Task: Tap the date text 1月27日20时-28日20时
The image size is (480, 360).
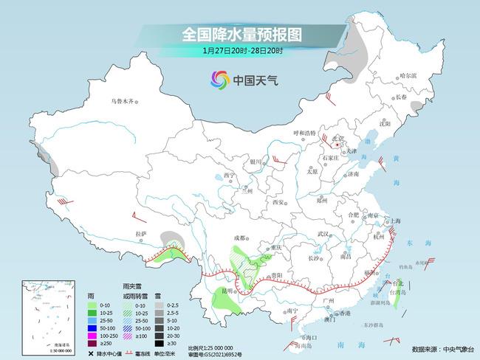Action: click(x=242, y=51)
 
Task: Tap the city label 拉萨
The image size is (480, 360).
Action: click(x=141, y=234)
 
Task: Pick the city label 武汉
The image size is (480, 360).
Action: click(x=321, y=234)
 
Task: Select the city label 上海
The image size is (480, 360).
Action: click(x=396, y=221)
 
